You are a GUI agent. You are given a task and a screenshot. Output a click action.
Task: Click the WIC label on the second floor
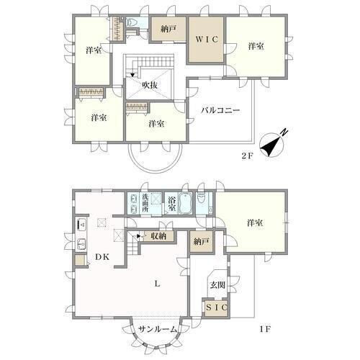coord(207,39)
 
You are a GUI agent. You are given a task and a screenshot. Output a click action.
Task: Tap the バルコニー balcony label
coord(220,110)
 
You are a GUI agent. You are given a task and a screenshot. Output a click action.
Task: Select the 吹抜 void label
coord(150,85)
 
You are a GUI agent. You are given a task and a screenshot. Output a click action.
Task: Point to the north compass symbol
coord(272,144)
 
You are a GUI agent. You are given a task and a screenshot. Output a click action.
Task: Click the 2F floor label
coord(247,156)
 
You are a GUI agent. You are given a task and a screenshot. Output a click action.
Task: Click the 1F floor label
coord(265,329)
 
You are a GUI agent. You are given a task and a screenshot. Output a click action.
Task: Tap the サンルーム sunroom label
coord(158,330)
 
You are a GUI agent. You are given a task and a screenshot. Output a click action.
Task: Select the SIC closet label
coord(217,307)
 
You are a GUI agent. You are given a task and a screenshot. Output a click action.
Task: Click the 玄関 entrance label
coord(217,285)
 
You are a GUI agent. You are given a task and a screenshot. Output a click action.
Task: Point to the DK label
coord(102,257)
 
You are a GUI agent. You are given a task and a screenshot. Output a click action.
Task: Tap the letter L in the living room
coord(157,284)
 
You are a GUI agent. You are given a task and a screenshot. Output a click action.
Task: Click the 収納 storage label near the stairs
coord(158,236)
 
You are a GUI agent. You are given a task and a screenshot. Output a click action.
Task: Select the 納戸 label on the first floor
coord(201,242)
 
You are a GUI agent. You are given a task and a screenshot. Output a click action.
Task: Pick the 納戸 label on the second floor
coord(168,29)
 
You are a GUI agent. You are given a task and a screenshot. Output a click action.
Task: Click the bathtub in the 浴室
coord(184,203)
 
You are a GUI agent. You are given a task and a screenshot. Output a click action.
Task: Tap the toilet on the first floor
coord(201,199)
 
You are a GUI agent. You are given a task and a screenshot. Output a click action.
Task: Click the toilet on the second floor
coord(131,22)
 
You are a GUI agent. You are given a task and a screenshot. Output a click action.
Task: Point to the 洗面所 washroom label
coord(145,203)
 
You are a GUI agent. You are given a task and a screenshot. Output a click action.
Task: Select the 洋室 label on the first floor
coord(255,223)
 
